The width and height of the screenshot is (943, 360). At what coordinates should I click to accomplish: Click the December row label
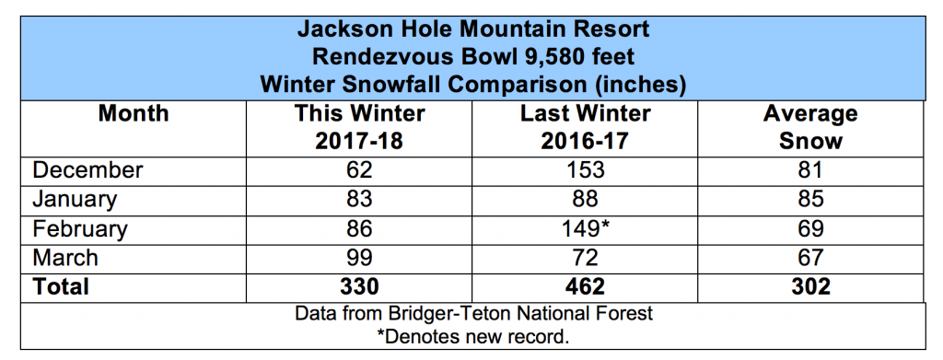[87, 170]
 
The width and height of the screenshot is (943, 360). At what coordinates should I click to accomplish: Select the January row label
[75, 200]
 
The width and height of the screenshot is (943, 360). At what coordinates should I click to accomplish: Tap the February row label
[80, 229]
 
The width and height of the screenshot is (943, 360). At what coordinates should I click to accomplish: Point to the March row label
[65, 258]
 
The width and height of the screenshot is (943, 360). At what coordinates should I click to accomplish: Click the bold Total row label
[61, 286]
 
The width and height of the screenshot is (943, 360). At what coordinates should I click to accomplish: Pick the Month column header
[134, 113]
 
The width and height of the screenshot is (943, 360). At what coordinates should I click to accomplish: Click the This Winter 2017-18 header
[359, 127]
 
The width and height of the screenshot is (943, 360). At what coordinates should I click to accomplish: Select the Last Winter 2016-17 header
[585, 127]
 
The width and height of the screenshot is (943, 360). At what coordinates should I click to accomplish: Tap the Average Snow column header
[810, 127]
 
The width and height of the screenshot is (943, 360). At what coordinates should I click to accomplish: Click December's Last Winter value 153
[585, 170]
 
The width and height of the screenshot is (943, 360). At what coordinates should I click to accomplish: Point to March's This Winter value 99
[359, 258]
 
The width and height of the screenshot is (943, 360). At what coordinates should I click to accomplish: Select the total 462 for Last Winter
[585, 286]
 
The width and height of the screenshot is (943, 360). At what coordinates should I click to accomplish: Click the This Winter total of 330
[359, 286]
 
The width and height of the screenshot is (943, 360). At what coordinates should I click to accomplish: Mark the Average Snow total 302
[810, 286]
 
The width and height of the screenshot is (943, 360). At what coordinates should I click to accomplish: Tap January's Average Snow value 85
[810, 200]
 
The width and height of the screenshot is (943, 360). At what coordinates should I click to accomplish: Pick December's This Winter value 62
[359, 170]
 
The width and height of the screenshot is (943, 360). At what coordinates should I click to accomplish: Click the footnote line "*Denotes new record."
[472, 336]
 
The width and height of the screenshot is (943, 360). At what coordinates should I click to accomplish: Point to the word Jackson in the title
[341, 29]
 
